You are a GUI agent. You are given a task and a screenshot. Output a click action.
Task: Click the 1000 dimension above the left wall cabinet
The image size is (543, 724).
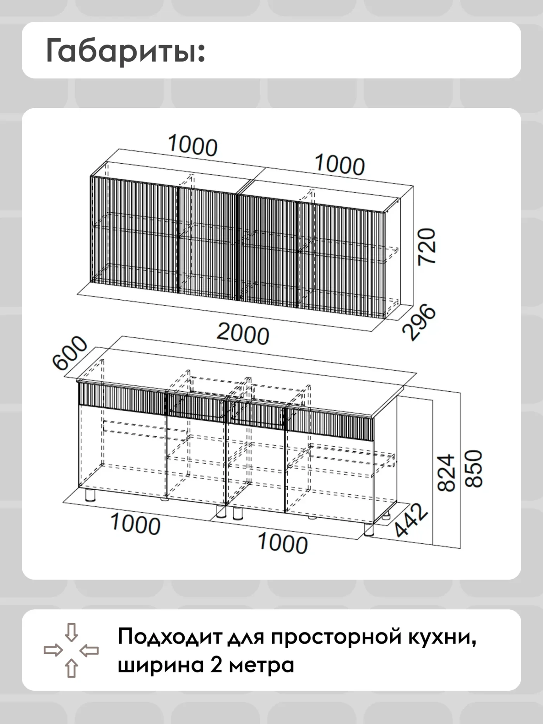point(193,146)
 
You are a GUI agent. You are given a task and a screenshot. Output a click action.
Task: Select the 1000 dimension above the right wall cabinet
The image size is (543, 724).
point(340,164)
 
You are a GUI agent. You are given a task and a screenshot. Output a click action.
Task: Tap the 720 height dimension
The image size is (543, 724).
point(427,247)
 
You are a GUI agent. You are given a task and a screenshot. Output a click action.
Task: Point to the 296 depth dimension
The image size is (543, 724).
point(419,323)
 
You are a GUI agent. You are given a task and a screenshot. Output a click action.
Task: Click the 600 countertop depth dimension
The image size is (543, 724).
point(70,352)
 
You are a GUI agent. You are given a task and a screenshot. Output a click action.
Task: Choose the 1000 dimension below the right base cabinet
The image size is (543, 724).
point(282,543)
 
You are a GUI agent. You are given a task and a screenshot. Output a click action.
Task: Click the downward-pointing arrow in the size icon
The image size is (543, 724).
point(71,632)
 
